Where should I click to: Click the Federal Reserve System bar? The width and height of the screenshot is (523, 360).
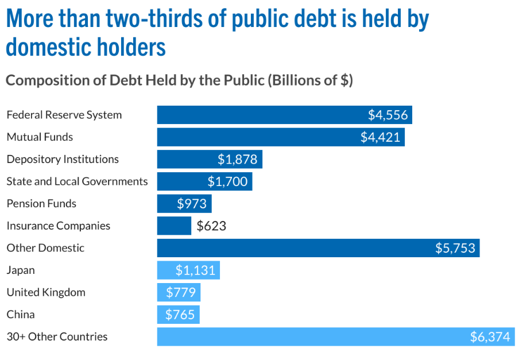click(258, 115)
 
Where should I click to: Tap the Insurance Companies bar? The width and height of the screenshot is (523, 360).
click(174, 226)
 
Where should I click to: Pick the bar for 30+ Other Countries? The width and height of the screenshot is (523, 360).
click(310, 336)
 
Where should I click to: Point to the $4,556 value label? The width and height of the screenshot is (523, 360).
click(388, 115)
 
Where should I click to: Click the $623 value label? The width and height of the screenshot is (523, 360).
click(211, 226)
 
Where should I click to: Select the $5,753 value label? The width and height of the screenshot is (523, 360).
click(455, 248)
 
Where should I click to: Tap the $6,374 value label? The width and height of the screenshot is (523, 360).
click(490, 337)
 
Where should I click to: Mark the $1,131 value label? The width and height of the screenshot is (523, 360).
click(195, 270)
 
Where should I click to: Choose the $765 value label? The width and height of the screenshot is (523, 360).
click(180, 315)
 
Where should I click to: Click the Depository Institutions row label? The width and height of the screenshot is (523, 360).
click(63, 159)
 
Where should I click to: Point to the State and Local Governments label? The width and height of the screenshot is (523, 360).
click(77, 181)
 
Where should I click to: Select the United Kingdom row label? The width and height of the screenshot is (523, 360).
click(46, 292)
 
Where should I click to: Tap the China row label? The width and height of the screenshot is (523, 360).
click(21, 315)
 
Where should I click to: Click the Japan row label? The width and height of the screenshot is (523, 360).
click(21, 270)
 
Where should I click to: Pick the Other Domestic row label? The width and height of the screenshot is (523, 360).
click(45, 248)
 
